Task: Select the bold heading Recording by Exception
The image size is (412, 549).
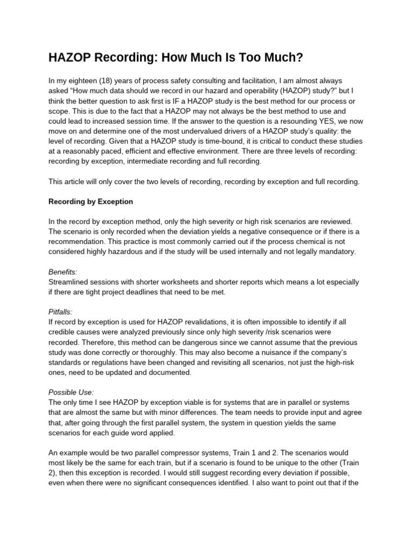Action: click(x=91, y=202)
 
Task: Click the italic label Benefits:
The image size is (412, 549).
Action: click(x=63, y=272)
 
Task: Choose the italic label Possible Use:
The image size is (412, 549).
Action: click(x=71, y=392)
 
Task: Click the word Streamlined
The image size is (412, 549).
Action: click(x=70, y=282)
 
